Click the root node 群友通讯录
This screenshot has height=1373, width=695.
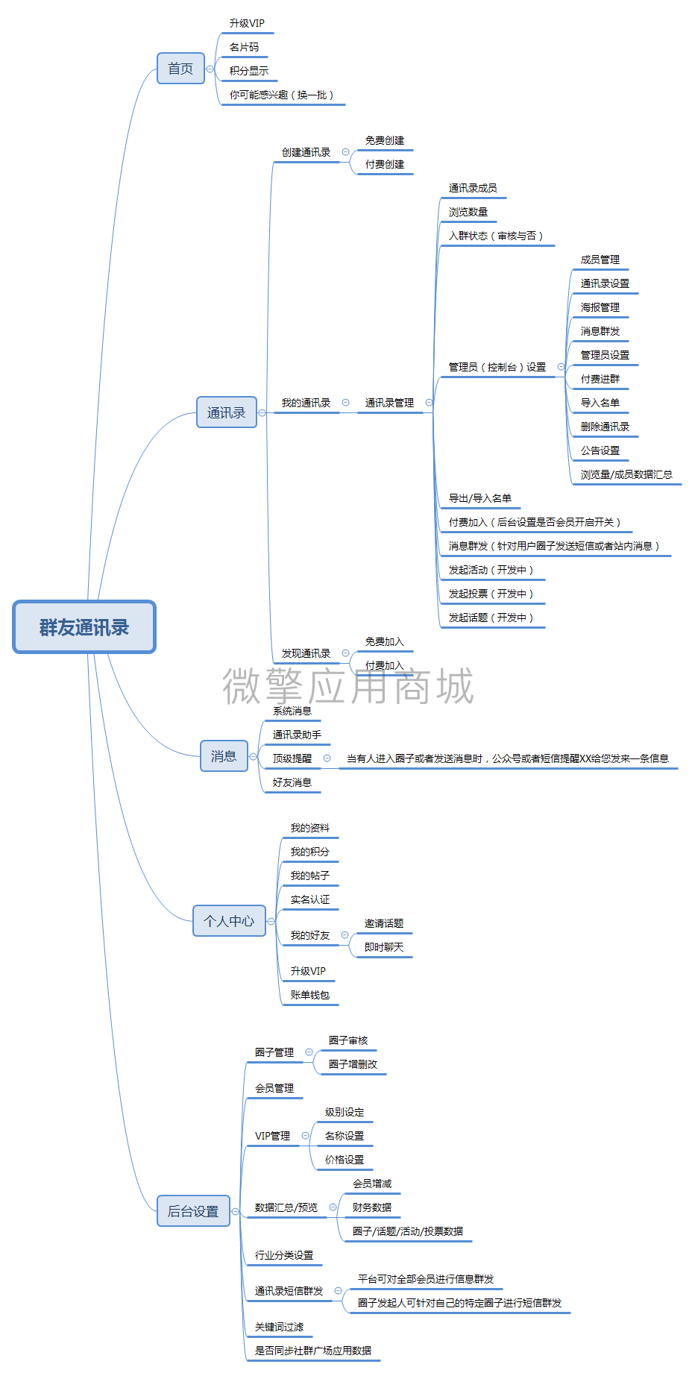84,627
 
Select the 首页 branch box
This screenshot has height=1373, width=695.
180,69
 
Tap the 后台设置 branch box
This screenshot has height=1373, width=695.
193,1211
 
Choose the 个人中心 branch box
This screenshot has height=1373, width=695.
229,921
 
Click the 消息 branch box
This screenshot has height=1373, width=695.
224,756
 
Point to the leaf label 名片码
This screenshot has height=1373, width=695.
244,47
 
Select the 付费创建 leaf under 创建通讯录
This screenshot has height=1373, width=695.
385,164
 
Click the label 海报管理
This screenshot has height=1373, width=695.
600,307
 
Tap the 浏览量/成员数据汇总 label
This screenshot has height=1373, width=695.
626,474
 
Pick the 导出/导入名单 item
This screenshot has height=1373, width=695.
480,498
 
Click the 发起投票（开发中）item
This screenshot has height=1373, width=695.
491,594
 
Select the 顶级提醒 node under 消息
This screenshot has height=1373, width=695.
292,758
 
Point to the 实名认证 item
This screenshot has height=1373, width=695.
310,899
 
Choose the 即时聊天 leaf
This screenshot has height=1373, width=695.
384,947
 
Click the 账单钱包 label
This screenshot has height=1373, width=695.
310,995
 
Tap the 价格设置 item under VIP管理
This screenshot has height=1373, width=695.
345,1160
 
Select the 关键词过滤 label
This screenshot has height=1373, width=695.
280,1327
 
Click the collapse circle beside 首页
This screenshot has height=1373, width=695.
210,69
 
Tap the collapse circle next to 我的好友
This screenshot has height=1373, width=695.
345,935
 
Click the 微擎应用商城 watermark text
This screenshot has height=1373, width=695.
348,686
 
